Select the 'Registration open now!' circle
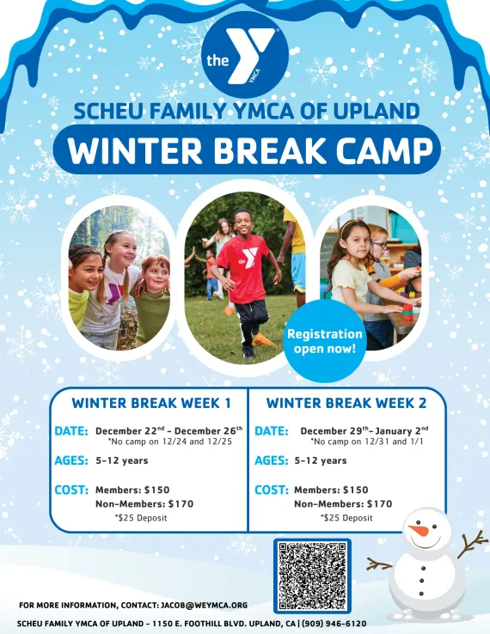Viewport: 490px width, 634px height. pyautogui.click(x=325, y=341)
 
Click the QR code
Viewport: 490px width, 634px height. pyautogui.click(x=312, y=576)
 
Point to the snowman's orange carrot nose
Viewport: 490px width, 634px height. pyautogui.click(x=419, y=531)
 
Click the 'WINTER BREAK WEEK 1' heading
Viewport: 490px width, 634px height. pyautogui.click(x=150, y=403)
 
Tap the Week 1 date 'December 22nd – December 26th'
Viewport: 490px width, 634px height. pyautogui.click(x=168, y=430)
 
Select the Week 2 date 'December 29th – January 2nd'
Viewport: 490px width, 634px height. pyautogui.click(x=364, y=430)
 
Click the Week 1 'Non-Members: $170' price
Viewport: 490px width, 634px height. pyautogui.click(x=144, y=504)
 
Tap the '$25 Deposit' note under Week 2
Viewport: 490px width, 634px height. pyautogui.click(x=346, y=518)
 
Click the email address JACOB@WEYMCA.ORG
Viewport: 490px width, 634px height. pyautogui.click(x=204, y=606)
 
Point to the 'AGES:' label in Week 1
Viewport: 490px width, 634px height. pyautogui.click(x=71, y=460)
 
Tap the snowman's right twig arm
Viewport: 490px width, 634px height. pyautogui.click(x=471, y=544)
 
